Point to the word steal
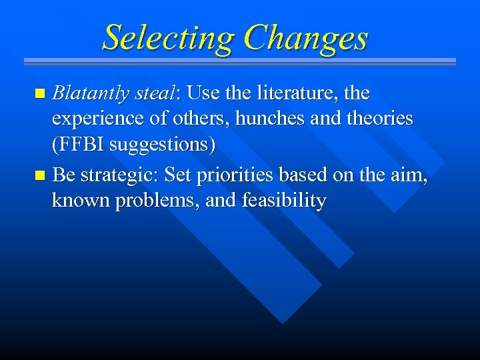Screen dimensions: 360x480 [x=153, y=93]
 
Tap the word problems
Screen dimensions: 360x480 [x=157, y=201]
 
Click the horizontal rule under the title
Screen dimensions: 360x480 [x=240, y=62]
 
